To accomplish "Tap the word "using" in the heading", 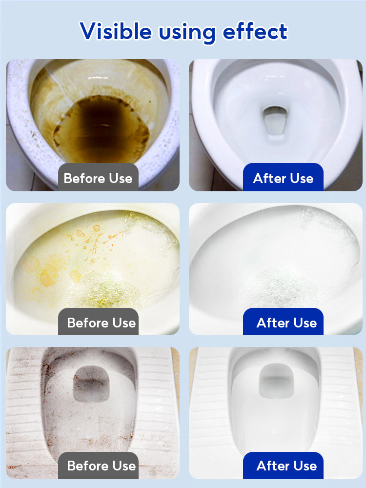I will click(x=187, y=32).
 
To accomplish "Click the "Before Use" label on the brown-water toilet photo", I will click(x=98, y=178).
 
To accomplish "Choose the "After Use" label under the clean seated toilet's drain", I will click(x=283, y=178).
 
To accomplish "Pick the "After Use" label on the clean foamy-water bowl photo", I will click(x=286, y=323).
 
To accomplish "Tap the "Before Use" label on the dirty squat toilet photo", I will click(x=102, y=466).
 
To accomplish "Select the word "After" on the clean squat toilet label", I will click(x=273, y=466).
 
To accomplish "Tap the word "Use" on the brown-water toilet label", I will click(x=121, y=178).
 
